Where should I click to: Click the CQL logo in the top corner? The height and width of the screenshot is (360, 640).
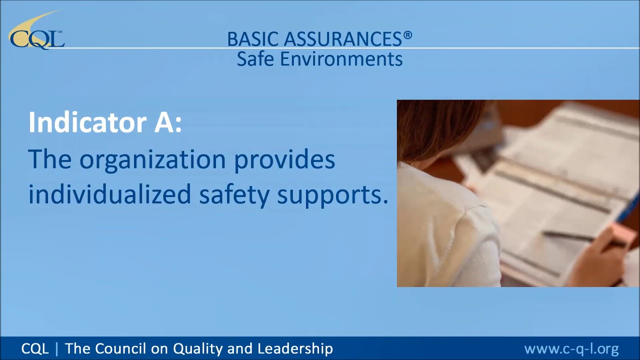tap(36, 32)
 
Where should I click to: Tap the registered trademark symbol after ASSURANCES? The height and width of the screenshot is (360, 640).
tap(408, 35)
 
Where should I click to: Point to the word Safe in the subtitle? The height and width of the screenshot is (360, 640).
tap(255, 59)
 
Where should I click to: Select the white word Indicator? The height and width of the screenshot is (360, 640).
tap(87, 122)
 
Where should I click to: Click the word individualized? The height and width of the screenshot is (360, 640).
tap(109, 194)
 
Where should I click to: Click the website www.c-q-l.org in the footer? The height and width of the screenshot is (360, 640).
tap(571, 348)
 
